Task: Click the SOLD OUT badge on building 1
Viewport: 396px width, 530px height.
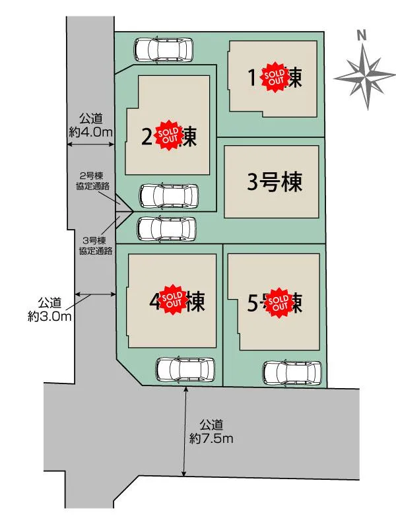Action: (275, 77)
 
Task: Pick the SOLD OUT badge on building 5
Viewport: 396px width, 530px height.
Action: (279, 302)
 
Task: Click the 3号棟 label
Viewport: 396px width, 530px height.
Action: (274, 182)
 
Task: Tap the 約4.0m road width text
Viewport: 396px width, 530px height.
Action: (91, 125)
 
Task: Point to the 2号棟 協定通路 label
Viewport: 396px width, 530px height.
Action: (92, 182)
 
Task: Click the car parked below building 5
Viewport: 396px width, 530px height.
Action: (292, 373)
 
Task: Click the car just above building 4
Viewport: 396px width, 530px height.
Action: (167, 228)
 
